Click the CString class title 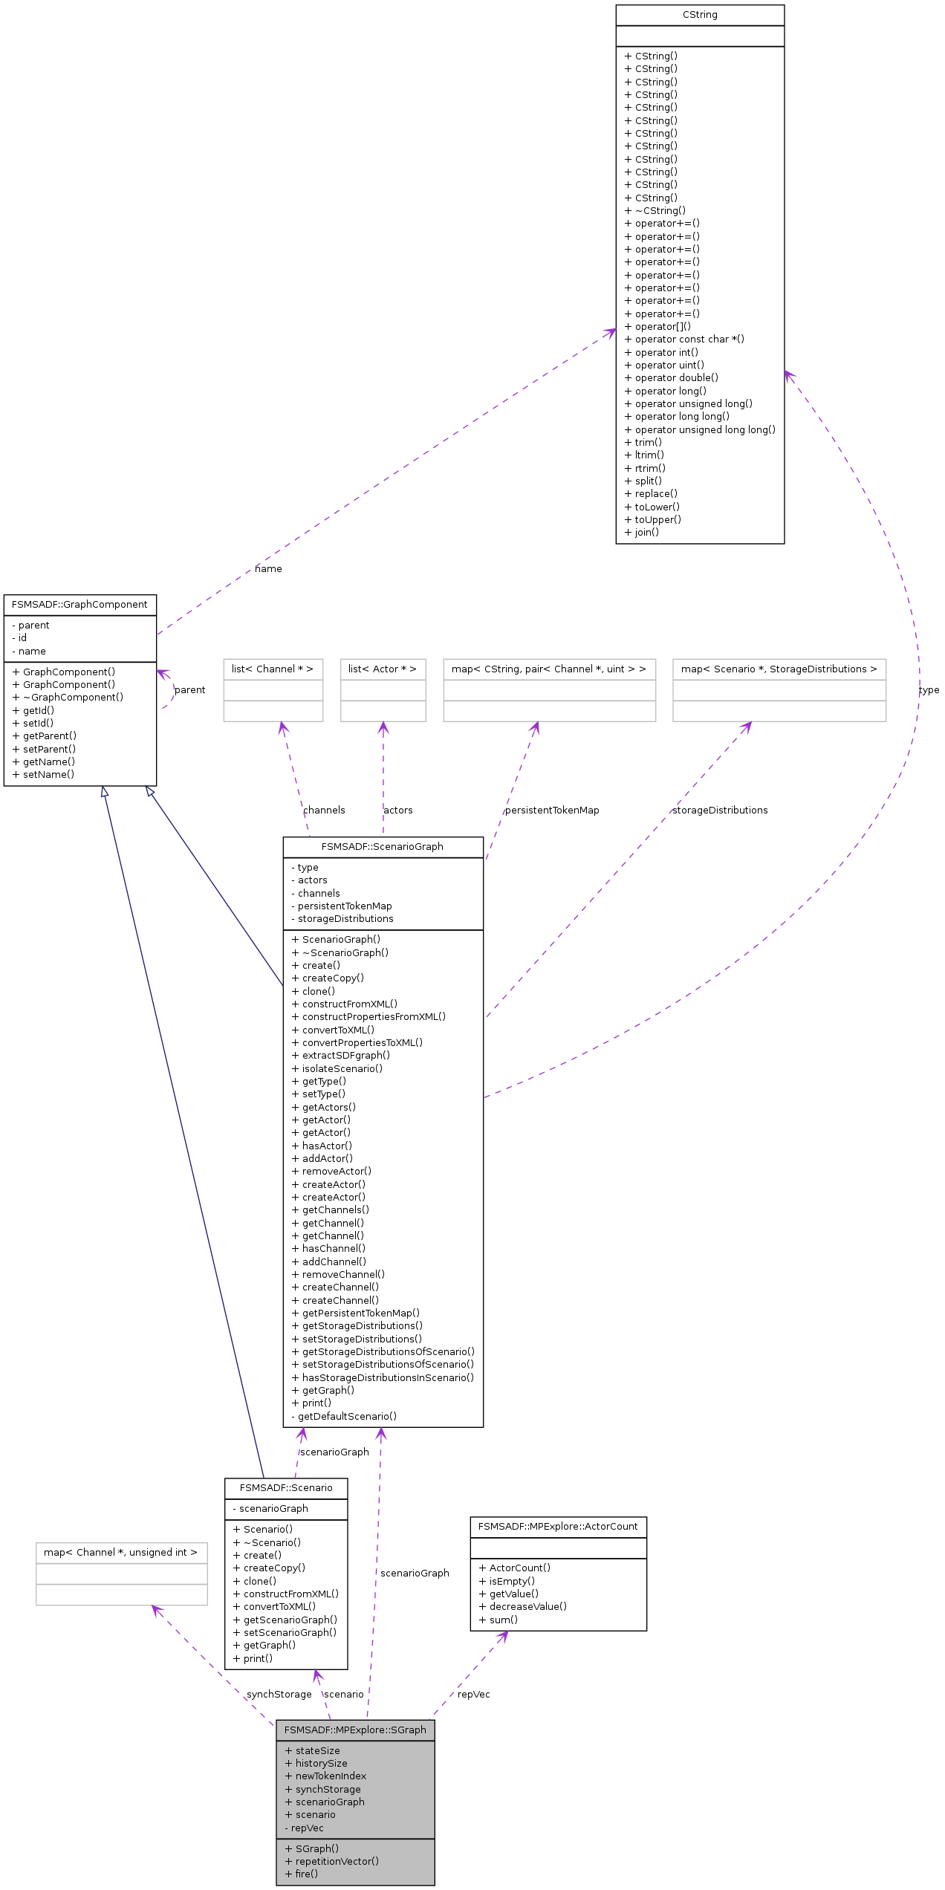pyautogui.click(x=700, y=15)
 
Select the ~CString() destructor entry pyautogui.click(x=655, y=211)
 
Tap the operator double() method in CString pyautogui.click(x=672, y=378)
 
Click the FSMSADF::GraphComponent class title pyautogui.click(x=79, y=605)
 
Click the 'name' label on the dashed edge pyautogui.click(x=268, y=569)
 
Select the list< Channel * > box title pyautogui.click(x=273, y=669)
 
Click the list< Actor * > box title pyautogui.click(x=383, y=669)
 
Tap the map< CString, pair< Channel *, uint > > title pyautogui.click(x=549, y=669)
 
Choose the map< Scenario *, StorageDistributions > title pyautogui.click(x=779, y=669)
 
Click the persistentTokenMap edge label pyautogui.click(x=552, y=811)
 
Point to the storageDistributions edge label pyautogui.click(x=720, y=811)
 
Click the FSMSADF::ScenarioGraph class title pyautogui.click(x=383, y=847)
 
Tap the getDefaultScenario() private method pyautogui.click(x=344, y=1417)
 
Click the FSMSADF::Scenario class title pyautogui.click(x=286, y=1488)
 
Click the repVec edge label pyautogui.click(x=473, y=1695)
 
